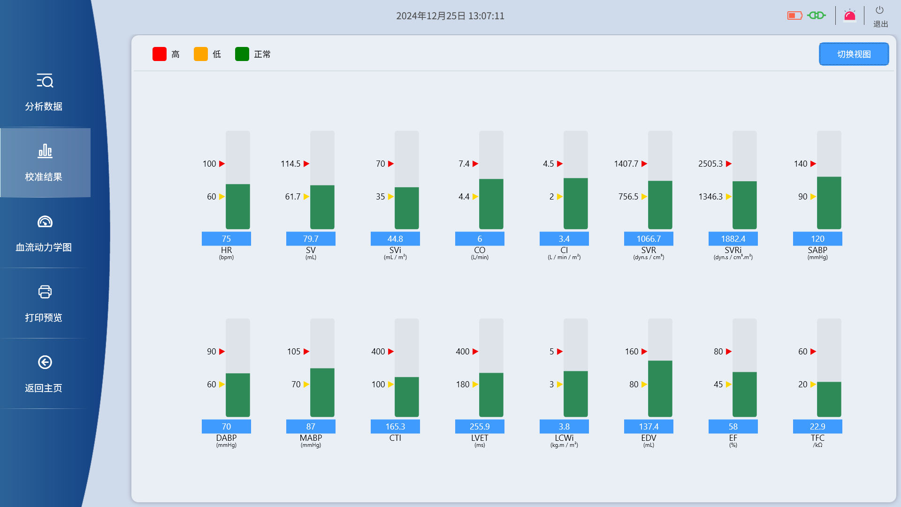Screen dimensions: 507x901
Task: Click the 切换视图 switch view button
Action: (854, 54)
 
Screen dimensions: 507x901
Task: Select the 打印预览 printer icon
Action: (45, 292)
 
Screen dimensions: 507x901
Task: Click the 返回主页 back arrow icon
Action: (45, 362)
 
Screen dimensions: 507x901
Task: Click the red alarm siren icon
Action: (850, 16)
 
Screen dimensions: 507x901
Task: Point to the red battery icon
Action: (794, 15)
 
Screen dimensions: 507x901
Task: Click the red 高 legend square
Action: (160, 54)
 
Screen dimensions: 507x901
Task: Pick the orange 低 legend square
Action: (201, 54)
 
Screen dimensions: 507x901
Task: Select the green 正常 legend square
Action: (242, 54)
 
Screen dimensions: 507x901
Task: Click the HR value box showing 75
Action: (226, 239)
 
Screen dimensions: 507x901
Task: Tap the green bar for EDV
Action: (660, 389)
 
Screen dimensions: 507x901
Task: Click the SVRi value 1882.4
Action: (733, 239)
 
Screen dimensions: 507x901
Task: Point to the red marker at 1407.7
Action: (644, 164)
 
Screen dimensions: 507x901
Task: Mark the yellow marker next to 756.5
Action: (644, 197)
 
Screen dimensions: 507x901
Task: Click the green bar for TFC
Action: (829, 399)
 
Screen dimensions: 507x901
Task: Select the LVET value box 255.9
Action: (480, 427)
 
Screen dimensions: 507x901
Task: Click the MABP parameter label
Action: (311, 438)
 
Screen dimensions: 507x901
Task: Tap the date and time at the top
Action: (450, 16)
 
